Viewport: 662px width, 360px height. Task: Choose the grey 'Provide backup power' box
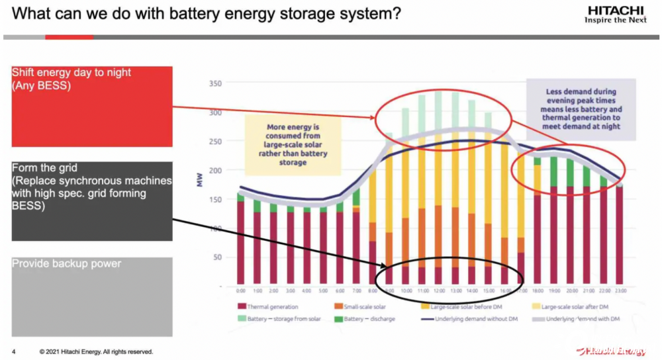coord(91,296)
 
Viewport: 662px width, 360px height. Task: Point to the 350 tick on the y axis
coord(213,83)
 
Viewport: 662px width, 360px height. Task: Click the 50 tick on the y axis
coord(216,257)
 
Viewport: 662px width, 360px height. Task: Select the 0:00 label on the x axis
coord(240,291)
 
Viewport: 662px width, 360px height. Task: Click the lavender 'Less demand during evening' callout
coord(581,109)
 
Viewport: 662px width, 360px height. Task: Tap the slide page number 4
coord(14,351)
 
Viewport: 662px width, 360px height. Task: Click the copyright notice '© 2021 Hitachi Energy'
coord(95,351)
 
